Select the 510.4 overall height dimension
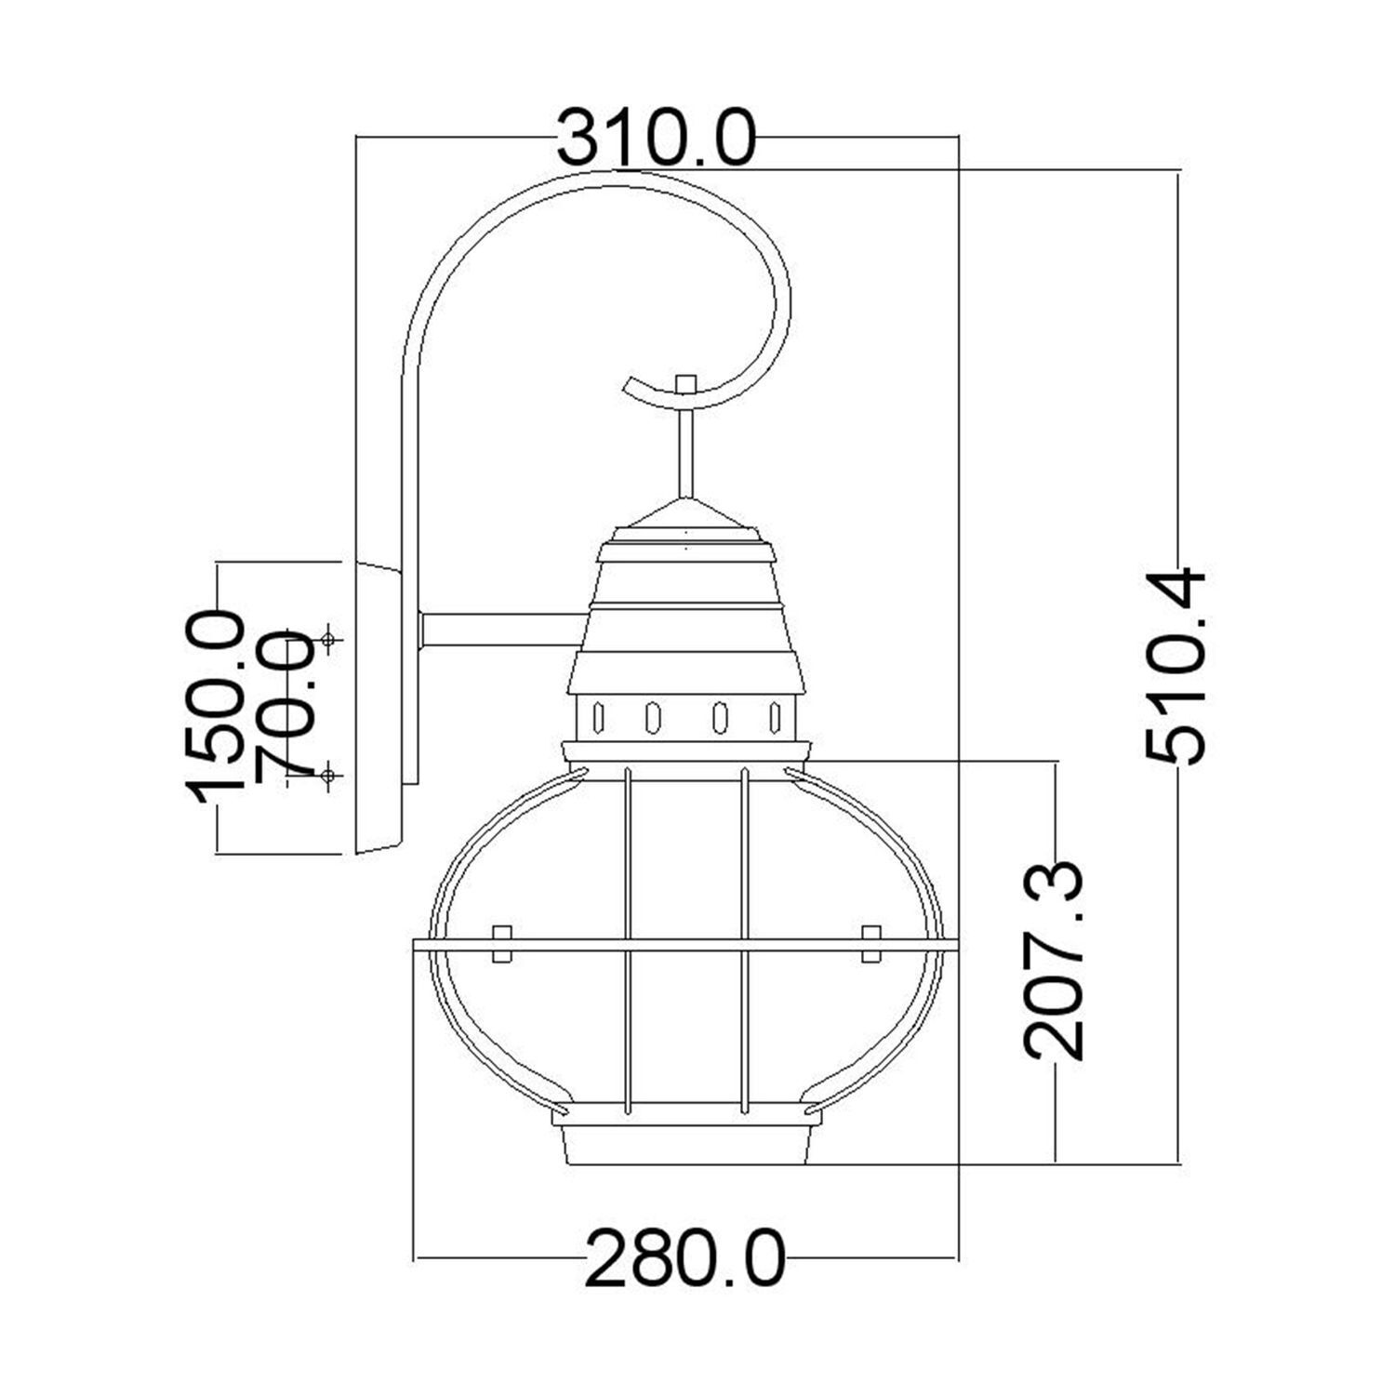click(x=1176, y=666)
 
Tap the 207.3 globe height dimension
click(x=1055, y=961)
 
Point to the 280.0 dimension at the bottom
click(x=684, y=1258)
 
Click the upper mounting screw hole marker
click(x=327, y=639)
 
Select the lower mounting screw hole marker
click(x=327, y=774)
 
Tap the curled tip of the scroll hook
click(x=632, y=386)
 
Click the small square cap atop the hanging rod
click(x=686, y=384)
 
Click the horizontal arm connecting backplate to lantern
click(x=502, y=630)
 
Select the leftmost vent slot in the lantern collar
click(x=599, y=717)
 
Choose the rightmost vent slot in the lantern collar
click(x=775, y=717)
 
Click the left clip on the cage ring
click(x=501, y=943)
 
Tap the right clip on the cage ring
click(x=871, y=943)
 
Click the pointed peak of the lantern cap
click(x=686, y=502)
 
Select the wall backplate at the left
click(x=379, y=707)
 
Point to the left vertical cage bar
click(x=630, y=939)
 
